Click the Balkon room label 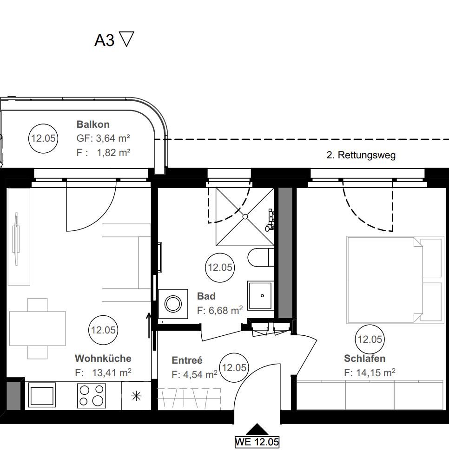click(x=93, y=124)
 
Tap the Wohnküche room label click(x=103, y=359)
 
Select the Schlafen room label click(x=364, y=359)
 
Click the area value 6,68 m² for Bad click(x=220, y=311)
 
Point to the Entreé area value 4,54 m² click(x=194, y=374)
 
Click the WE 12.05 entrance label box click(x=257, y=442)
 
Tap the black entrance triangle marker click(x=257, y=430)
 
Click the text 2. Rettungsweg click(x=361, y=155)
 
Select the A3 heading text click(x=105, y=40)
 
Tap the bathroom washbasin click(x=261, y=295)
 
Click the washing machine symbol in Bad click(x=173, y=304)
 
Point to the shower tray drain click(x=245, y=216)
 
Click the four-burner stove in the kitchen click(x=91, y=395)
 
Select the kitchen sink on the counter click(x=42, y=395)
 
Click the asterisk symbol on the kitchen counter click(x=136, y=396)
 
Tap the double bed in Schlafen click(x=394, y=280)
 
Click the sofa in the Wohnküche click(x=125, y=263)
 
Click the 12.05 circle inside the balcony click(x=43, y=138)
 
